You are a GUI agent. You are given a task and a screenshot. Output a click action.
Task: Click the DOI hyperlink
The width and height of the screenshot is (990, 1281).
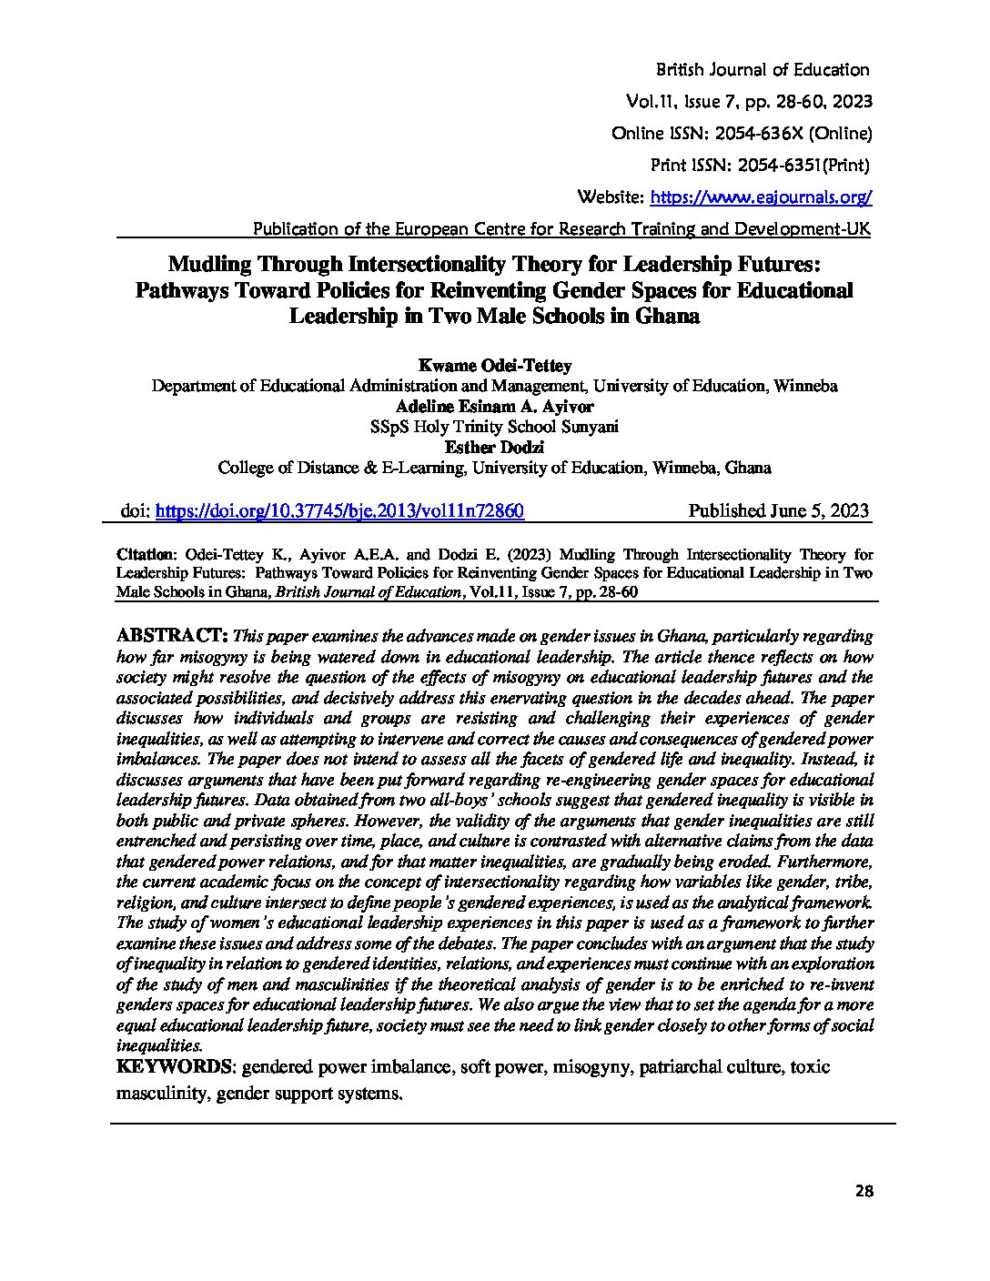(x=339, y=511)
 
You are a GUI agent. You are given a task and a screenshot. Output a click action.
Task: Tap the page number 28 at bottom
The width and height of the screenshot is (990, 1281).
(x=864, y=1191)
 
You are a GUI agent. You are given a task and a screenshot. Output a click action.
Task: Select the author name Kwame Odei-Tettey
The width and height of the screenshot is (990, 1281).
(x=494, y=366)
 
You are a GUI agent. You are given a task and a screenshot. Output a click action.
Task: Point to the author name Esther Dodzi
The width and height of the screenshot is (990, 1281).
(x=494, y=448)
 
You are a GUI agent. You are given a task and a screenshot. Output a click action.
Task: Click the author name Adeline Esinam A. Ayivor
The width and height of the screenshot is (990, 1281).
(x=494, y=407)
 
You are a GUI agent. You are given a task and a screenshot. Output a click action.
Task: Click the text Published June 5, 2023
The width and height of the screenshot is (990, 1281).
(x=778, y=510)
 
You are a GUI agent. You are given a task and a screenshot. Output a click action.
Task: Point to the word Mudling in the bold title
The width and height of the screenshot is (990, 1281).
(x=211, y=265)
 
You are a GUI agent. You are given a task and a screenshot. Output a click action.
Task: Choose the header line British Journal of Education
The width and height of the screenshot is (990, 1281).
(x=762, y=70)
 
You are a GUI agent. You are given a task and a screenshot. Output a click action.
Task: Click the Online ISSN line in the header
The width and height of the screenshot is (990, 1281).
(x=742, y=134)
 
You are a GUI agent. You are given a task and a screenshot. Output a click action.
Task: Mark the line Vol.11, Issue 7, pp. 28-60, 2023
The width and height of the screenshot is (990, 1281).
(x=748, y=102)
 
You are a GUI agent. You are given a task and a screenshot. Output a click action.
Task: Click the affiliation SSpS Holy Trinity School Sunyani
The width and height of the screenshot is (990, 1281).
(x=494, y=427)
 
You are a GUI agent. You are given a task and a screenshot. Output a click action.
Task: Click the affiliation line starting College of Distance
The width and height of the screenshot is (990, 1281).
(x=494, y=469)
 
